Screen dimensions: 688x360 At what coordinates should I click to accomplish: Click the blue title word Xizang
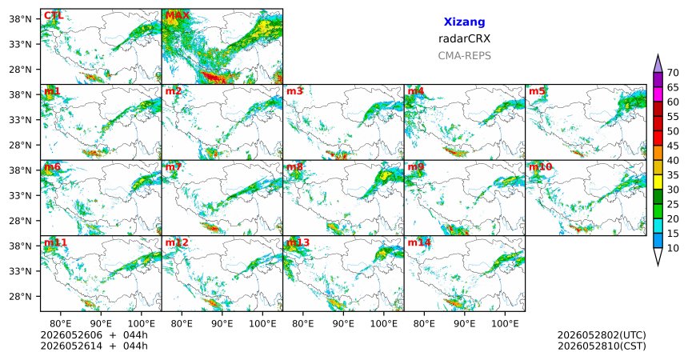(464, 22)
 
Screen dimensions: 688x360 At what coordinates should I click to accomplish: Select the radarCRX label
(464, 38)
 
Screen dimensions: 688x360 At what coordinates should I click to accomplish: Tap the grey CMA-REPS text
(464, 56)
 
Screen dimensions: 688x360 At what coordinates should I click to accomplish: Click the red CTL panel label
(54, 16)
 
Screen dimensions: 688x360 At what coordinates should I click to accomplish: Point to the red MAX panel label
(178, 16)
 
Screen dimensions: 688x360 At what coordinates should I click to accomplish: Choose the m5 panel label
(537, 91)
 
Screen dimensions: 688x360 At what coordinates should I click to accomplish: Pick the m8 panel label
(294, 167)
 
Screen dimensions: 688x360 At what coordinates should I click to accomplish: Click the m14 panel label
(419, 242)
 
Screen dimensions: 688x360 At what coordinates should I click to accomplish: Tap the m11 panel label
(55, 242)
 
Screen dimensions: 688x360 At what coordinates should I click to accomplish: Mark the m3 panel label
(294, 91)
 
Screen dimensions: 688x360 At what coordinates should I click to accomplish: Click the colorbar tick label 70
(673, 73)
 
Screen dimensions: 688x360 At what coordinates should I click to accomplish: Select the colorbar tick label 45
(673, 146)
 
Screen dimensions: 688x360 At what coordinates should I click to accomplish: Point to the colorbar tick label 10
(673, 248)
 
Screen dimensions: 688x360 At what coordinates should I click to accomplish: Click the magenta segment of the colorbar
(658, 94)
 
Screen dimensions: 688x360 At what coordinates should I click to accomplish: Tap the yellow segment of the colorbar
(658, 182)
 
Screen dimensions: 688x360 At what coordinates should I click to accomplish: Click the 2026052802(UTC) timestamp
(602, 335)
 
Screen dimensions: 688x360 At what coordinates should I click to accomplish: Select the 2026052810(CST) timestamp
(602, 346)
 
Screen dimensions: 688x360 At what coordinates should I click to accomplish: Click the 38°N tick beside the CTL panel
(20, 19)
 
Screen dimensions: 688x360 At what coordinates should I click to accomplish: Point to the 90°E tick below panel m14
(465, 324)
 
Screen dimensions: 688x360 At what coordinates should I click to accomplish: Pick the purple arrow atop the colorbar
(658, 65)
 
